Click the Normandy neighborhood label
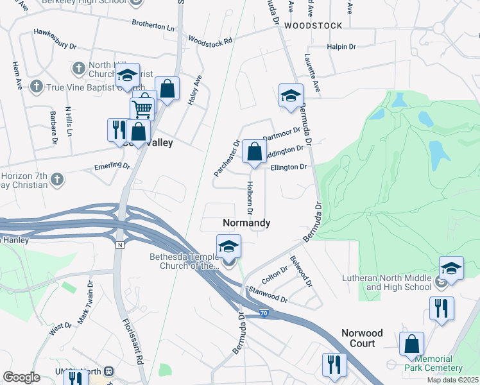(246, 223)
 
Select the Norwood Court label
(362, 338)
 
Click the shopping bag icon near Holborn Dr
(255, 153)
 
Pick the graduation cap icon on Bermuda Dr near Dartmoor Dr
(291, 96)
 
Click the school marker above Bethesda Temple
(228, 246)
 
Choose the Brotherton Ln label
(153, 28)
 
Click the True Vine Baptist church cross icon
(37, 86)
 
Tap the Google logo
(21, 377)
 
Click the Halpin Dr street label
(341, 47)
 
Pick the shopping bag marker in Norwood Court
(411, 343)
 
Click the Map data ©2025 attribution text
(452, 380)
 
